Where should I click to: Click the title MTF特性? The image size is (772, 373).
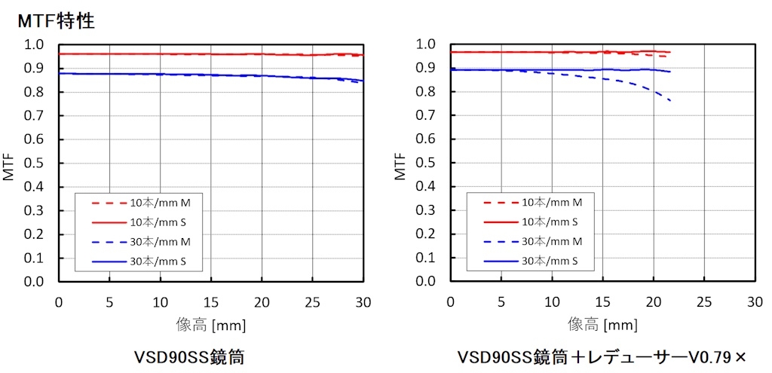[x=56, y=21]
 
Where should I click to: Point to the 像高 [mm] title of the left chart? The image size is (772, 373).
[x=210, y=324]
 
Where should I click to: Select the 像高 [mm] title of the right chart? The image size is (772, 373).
[x=602, y=324]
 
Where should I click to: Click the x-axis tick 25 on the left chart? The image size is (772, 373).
[x=313, y=302]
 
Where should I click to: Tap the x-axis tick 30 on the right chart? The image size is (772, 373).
[x=755, y=302]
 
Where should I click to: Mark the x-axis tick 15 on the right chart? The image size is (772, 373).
[x=602, y=302]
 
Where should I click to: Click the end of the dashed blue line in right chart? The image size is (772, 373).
[x=670, y=100]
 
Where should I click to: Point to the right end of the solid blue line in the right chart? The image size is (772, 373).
[x=670, y=72]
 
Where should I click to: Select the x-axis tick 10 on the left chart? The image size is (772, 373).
[x=160, y=302]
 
